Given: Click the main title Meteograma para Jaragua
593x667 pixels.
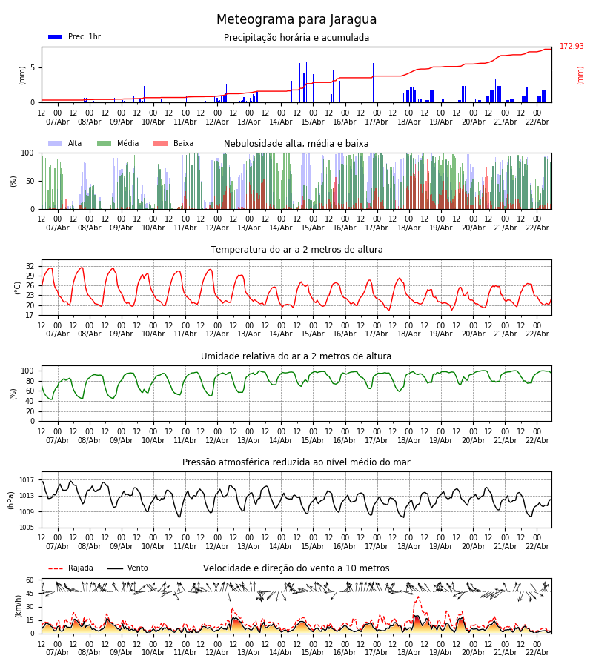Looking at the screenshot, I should pos(296,20).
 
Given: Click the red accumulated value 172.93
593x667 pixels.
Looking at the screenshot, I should pos(572,47).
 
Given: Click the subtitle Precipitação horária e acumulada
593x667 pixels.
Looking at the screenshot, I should pos(296,38).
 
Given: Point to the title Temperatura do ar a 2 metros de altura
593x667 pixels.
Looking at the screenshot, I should pos(296,250).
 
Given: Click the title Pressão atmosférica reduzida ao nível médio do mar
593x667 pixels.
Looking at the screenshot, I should pos(296,462).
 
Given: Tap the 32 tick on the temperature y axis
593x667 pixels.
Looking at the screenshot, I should pos(30,266).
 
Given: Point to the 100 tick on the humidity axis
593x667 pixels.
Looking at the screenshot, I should pos(28,371).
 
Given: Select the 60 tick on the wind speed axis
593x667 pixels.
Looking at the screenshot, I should pos(30,580).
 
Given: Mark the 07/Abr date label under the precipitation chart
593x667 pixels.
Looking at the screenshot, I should pos(57,122).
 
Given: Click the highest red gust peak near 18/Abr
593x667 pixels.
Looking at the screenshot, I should pos(417,597).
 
